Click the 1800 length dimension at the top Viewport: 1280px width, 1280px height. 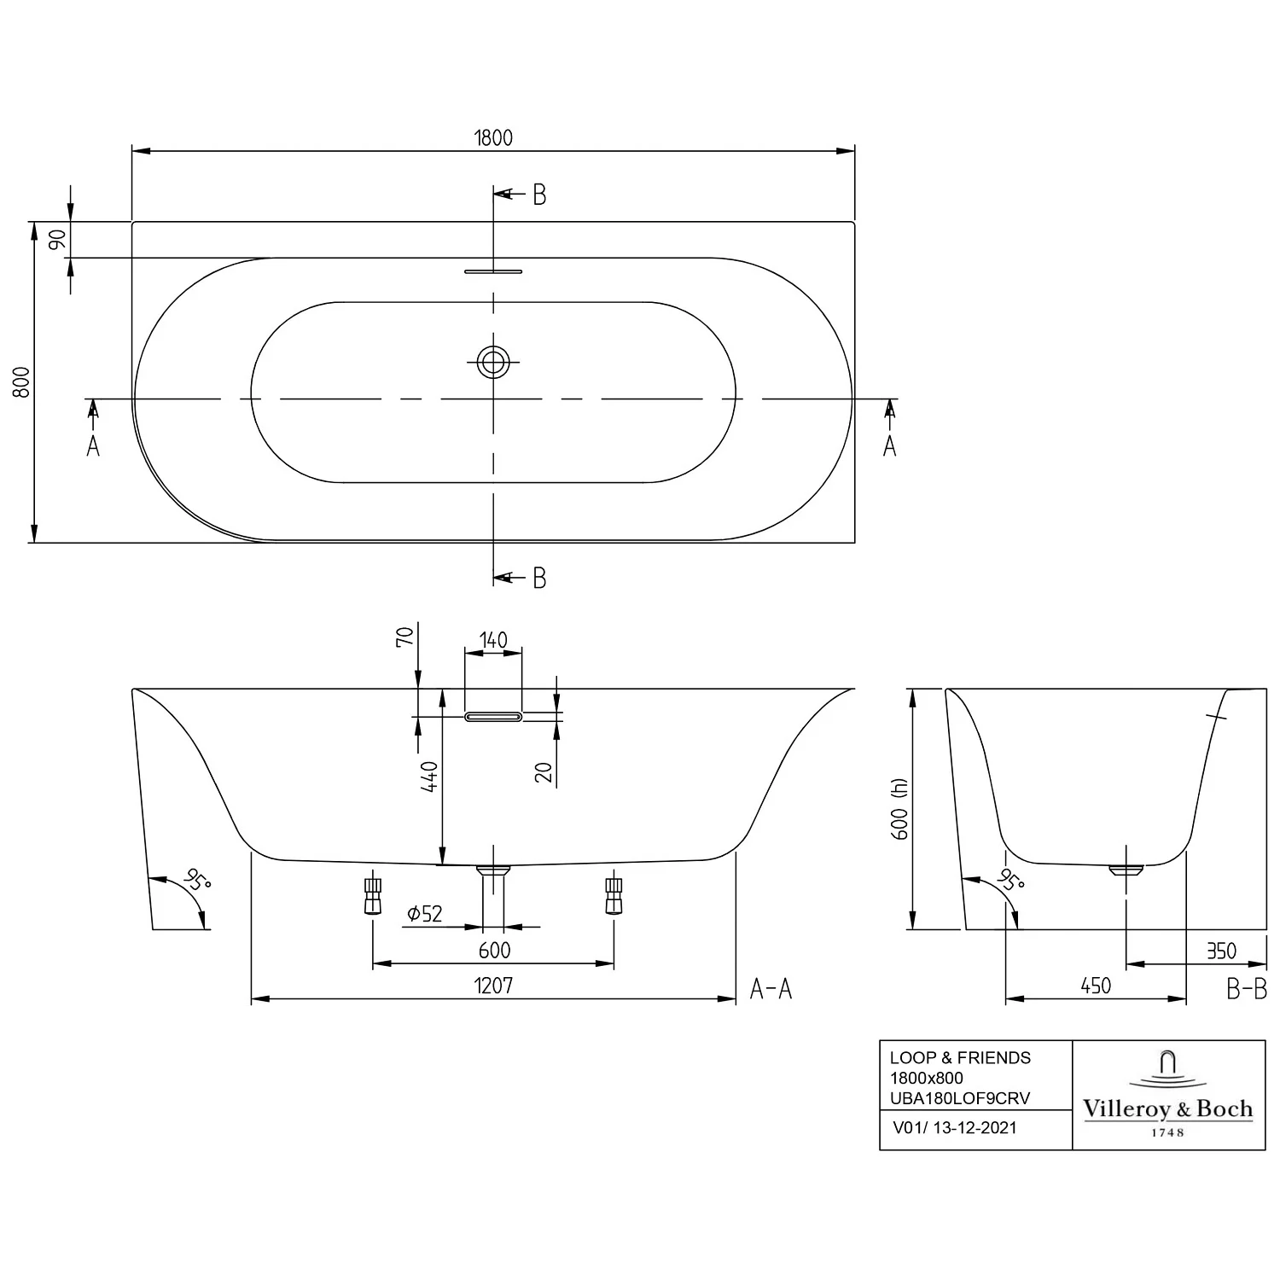tap(493, 137)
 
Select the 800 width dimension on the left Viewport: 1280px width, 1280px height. tap(22, 381)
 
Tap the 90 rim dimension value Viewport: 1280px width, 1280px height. tap(57, 240)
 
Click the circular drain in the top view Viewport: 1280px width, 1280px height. tap(492, 362)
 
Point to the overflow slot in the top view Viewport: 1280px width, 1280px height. tap(492, 271)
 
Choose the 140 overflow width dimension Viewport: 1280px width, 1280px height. tap(493, 640)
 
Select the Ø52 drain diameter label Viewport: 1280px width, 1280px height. tap(424, 914)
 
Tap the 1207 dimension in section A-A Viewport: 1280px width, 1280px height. tap(493, 986)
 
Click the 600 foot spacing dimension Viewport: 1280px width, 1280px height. tap(494, 951)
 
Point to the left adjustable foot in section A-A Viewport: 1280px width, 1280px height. tap(373, 896)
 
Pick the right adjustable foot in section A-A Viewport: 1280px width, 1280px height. tap(614, 896)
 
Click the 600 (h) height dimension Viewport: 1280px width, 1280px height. tap(899, 808)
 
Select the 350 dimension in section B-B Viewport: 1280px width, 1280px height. tap(1221, 951)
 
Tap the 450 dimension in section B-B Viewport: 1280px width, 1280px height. tap(1096, 986)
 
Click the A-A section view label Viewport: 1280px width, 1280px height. tap(771, 989)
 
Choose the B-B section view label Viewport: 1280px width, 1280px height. tap(1246, 989)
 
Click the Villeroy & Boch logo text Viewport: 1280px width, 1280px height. tap(1167, 1109)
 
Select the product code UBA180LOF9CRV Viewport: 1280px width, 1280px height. tap(960, 1098)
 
